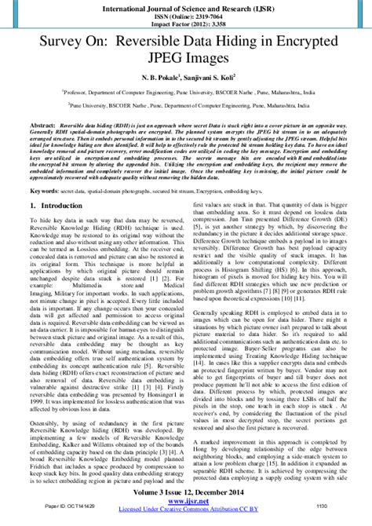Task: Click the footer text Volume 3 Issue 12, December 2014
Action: point(186,499)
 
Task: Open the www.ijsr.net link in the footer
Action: point(186,508)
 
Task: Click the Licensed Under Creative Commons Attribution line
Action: point(186,517)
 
